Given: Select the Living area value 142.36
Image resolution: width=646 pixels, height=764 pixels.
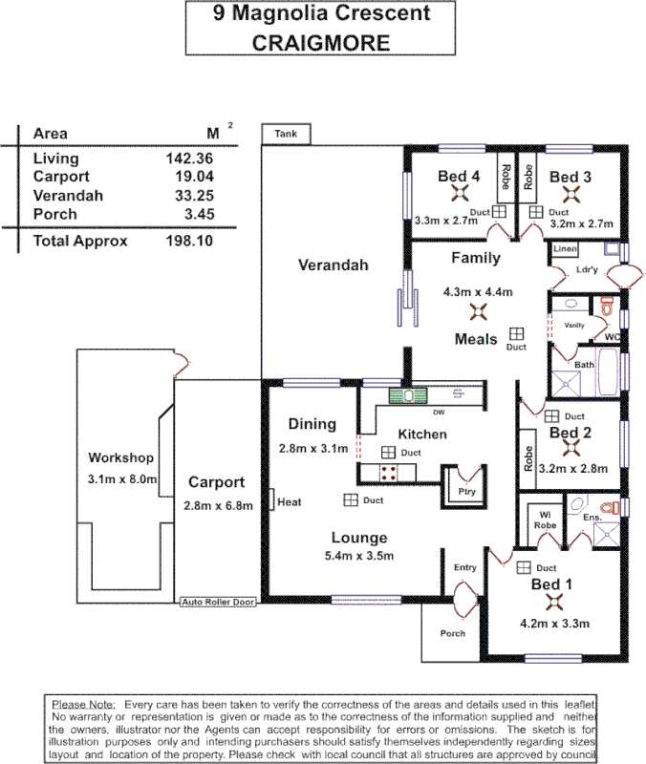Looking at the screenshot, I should (189, 159).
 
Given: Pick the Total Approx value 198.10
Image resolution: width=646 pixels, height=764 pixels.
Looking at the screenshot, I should (189, 242).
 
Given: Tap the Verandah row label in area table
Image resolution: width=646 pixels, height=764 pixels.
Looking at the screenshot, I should (68, 196).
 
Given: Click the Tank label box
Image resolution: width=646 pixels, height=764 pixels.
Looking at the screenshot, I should (286, 135).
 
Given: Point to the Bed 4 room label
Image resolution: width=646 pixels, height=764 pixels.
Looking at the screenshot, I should (459, 177).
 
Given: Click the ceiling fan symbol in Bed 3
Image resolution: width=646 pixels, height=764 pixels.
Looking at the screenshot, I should (571, 195).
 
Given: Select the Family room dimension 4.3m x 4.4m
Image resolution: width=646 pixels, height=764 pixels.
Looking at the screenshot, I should (478, 291).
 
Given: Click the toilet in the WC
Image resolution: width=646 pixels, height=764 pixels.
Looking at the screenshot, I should (605, 305).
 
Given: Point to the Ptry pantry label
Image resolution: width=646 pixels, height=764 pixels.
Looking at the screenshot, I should (466, 492).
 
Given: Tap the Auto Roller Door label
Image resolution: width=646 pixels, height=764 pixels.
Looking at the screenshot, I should (218, 603).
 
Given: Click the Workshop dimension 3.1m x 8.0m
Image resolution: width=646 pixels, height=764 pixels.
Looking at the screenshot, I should (121, 478).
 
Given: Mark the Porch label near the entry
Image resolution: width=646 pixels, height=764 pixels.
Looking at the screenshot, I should (453, 633).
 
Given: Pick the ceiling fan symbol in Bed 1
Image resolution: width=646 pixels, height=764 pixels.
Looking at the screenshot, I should (551, 601).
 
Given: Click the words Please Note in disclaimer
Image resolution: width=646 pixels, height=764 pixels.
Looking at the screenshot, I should (82, 703).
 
